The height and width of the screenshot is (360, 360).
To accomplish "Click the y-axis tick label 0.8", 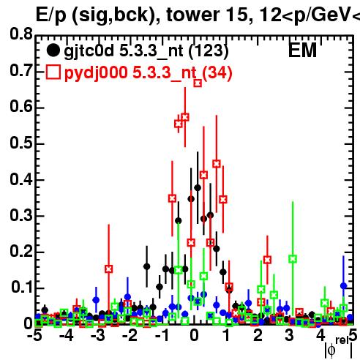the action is click(x=21, y=34).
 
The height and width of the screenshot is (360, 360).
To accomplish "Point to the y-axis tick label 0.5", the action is click(x=21, y=143).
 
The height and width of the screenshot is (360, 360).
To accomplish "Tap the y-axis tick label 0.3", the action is click(x=21, y=215).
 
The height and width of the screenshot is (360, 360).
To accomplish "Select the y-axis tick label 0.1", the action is click(x=21, y=287).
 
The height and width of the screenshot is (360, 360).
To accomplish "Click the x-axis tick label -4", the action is click(x=67, y=335).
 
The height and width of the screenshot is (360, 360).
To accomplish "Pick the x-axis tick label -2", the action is click(x=130, y=335).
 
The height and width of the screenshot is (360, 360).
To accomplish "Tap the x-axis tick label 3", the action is click(x=289, y=335).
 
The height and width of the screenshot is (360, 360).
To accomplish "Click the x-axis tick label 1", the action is click(x=227, y=335).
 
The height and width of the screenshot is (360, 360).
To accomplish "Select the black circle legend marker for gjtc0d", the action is click(x=53, y=50).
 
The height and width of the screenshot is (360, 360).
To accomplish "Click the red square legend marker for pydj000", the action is click(x=53, y=72).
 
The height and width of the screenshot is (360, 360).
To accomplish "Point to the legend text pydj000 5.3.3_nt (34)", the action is click(x=148, y=72).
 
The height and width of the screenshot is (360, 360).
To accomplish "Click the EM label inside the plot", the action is click(x=302, y=50).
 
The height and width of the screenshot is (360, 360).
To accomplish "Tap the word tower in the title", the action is click(x=192, y=15).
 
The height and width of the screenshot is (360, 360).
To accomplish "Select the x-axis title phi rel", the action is click(x=339, y=348).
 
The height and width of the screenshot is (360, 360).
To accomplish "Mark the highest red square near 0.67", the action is click(x=198, y=83).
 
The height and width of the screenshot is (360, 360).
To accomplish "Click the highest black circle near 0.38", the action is click(x=198, y=188).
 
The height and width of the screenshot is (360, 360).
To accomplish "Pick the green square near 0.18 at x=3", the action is click(x=293, y=259).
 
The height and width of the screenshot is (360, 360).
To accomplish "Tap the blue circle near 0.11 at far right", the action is click(x=344, y=286).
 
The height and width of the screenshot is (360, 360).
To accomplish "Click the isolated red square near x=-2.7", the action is click(x=109, y=269).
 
